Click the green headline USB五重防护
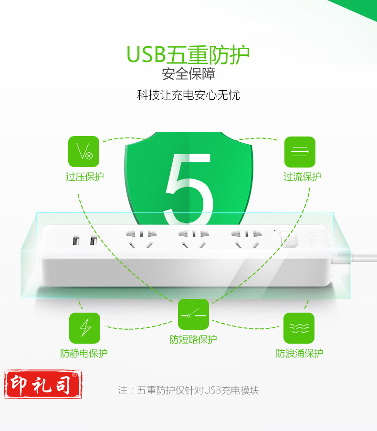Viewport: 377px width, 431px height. (188, 54)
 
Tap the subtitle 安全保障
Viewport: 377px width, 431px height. (188, 74)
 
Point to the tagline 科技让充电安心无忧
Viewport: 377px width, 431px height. (188, 95)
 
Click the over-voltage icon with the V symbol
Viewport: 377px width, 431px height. (84, 151)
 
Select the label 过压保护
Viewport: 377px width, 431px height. (84, 177)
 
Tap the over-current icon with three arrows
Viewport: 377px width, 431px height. (300, 152)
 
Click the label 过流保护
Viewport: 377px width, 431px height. (302, 177)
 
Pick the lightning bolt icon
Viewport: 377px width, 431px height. (84, 328)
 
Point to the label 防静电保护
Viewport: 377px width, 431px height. (84, 353)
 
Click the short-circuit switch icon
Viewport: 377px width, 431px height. (193, 314)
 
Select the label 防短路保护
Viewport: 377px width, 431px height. (193, 339)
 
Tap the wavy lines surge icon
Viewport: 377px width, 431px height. (299, 328)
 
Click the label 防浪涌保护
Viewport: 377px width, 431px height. (300, 353)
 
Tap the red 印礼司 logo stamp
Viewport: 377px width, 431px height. (43, 384)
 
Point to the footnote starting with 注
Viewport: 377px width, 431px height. (188, 390)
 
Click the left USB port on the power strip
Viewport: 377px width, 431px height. (76, 241)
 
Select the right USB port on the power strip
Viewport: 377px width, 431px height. (94, 241)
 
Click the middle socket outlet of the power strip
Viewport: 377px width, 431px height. (194, 239)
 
